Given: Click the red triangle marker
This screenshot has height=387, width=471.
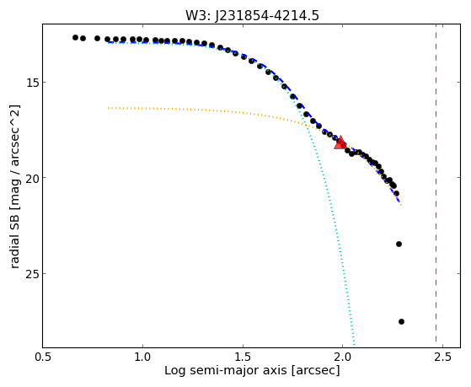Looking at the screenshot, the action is click(x=340, y=142).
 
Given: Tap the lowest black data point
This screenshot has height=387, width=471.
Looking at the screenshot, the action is click(x=401, y=322).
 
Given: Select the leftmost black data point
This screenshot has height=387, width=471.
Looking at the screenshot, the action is click(x=75, y=38).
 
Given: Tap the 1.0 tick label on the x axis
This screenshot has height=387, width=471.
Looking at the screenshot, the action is click(x=142, y=357).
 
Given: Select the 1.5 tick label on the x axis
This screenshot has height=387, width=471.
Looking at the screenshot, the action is click(x=243, y=357).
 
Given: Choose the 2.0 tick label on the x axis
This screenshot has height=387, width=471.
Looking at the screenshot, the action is click(x=342, y=357).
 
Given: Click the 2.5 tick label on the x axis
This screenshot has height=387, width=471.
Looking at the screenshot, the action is click(x=442, y=357).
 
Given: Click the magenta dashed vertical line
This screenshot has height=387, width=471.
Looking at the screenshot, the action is click(x=436, y=185).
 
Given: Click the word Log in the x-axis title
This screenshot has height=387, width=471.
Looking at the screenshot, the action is click(x=174, y=371).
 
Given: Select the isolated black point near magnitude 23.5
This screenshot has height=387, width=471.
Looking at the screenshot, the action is click(x=399, y=244).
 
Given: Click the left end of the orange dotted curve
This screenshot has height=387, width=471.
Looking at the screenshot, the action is click(x=109, y=108).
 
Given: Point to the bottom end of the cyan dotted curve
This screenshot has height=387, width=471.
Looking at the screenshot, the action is click(x=355, y=345).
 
